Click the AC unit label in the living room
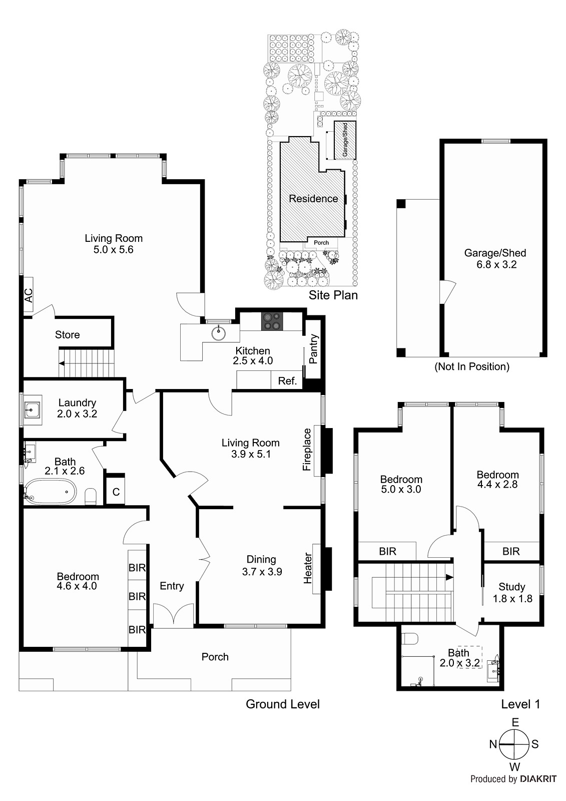29,295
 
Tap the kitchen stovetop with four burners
272,321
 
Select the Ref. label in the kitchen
287,381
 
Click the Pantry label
314,349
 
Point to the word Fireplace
307,450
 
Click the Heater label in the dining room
308,568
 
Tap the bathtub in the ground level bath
51,492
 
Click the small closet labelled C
116,492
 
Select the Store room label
67,334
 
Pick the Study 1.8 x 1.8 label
512,592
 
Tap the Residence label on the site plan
313,199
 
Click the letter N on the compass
493,744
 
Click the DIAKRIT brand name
538,779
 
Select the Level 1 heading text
520,704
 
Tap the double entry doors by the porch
173,616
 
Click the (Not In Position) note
472,366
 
